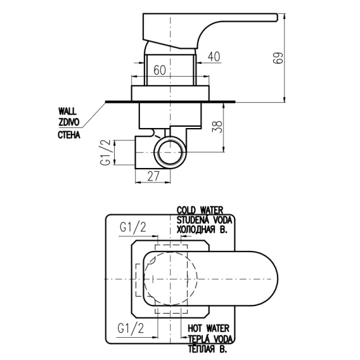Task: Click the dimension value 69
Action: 278,58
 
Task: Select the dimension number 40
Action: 214,56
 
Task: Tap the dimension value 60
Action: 160,70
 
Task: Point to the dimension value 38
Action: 217,127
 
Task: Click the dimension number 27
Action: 153,176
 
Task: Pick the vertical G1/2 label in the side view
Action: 105,152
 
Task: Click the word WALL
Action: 67,112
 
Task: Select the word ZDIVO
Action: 69,122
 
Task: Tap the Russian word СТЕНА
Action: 69,135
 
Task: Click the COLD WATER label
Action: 200,210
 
